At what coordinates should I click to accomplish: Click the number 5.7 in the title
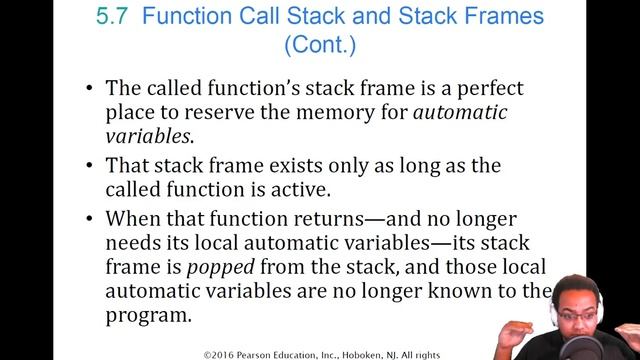(106, 16)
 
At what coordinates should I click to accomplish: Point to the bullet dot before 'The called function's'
(91, 89)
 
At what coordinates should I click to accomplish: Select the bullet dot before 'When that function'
(91, 219)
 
